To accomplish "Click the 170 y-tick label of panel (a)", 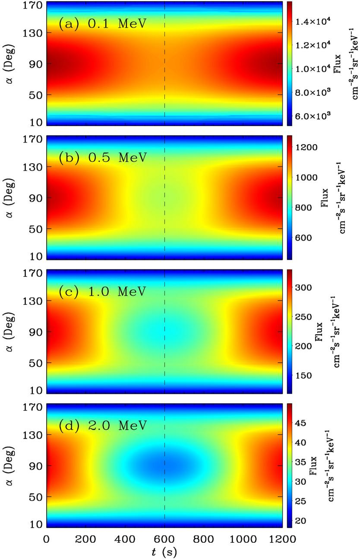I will tap(34, 6).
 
